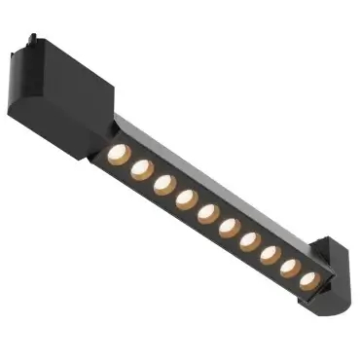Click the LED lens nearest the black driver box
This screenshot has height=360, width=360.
click(118, 153)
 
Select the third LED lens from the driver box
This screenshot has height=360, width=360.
click(163, 183)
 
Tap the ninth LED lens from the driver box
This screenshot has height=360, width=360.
click(291, 268)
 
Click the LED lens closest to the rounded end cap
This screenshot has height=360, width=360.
click(309, 280)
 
